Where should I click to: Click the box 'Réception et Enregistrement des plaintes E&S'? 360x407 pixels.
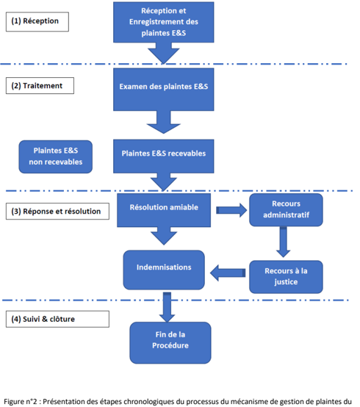point(164,22)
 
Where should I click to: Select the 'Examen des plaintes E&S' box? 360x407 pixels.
point(164,90)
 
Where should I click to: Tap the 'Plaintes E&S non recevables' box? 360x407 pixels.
point(56,156)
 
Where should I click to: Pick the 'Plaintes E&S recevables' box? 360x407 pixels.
point(164,156)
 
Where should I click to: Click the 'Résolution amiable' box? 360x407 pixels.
point(164,210)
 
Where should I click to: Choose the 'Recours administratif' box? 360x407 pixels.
point(286,209)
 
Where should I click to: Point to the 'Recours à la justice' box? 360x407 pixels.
point(286,277)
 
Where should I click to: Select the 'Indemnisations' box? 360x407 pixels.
point(164,270)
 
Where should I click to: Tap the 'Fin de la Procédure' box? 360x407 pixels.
point(170,343)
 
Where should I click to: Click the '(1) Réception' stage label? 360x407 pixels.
point(37,21)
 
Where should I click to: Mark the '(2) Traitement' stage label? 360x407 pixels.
point(40,86)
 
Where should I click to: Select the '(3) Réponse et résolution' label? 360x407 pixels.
point(57,212)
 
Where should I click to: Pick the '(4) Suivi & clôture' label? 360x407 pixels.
point(57,319)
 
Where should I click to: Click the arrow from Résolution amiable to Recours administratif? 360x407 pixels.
point(231,210)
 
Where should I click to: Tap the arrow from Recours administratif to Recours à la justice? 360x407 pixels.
point(283,242)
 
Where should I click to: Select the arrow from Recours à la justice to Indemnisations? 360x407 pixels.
point(228,273)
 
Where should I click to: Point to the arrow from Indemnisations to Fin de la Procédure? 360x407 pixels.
point(167,307)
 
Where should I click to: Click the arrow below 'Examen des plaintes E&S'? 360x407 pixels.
point(164,122)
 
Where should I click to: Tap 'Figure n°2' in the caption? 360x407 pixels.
point(21,402)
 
